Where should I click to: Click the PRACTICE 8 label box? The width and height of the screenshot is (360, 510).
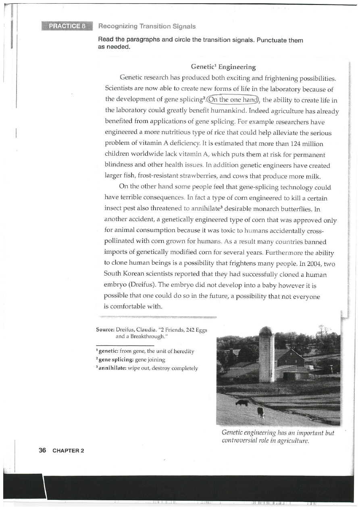point(67,26)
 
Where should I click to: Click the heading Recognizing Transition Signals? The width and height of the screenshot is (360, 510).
point(147,26)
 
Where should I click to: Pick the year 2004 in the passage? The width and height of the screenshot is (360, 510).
point(307,263)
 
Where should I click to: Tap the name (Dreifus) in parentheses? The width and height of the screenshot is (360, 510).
point(139,285)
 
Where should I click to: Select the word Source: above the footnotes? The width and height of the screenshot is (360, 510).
point(106,330)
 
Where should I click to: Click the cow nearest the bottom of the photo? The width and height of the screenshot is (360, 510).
point(261,412)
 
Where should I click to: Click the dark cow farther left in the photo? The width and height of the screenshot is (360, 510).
point(242,402)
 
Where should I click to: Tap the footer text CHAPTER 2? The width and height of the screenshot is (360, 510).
point(68,451)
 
